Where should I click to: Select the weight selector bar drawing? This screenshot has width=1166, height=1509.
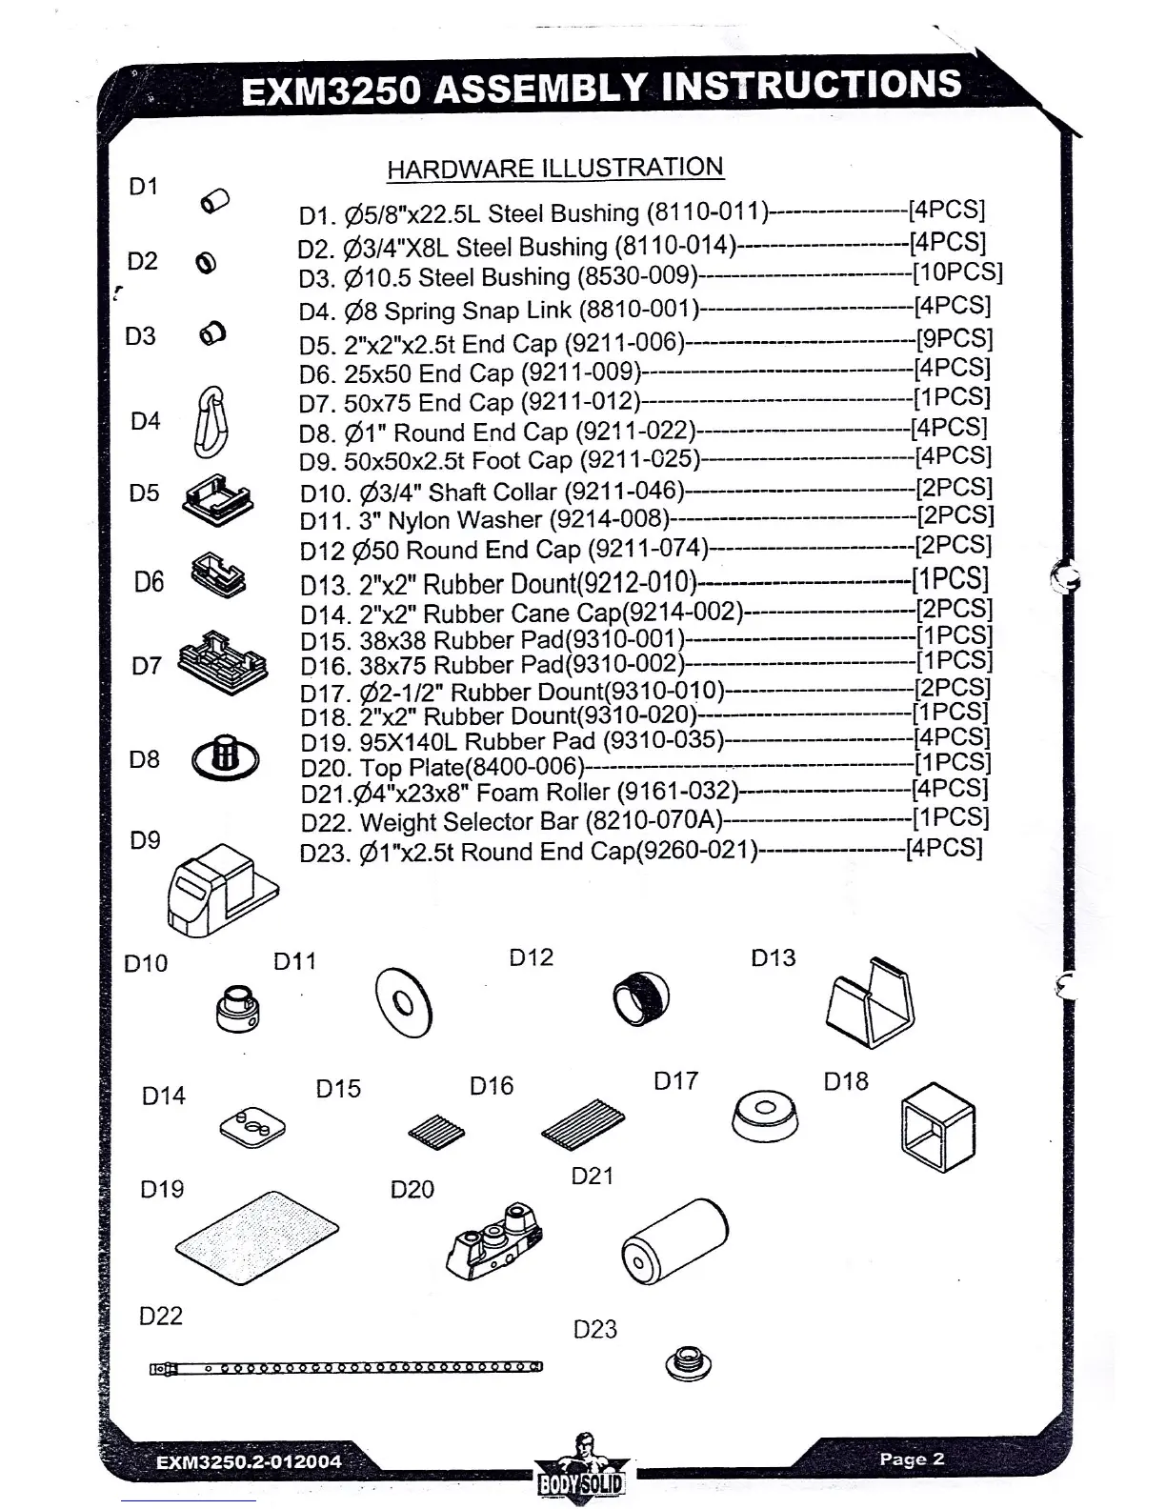(346, 1368)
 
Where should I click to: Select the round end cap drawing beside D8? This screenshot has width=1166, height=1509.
(225, 757)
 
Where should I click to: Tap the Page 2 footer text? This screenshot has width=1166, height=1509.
(912, 1459)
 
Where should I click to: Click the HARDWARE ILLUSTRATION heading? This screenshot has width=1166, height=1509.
(554, 169)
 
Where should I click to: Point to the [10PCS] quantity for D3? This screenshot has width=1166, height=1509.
(956, 272)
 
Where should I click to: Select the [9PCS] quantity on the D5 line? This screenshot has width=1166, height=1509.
(954, 338)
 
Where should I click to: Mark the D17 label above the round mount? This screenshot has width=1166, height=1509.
(675, 1081)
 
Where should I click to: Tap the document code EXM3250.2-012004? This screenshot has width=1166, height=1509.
(249, 1461)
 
